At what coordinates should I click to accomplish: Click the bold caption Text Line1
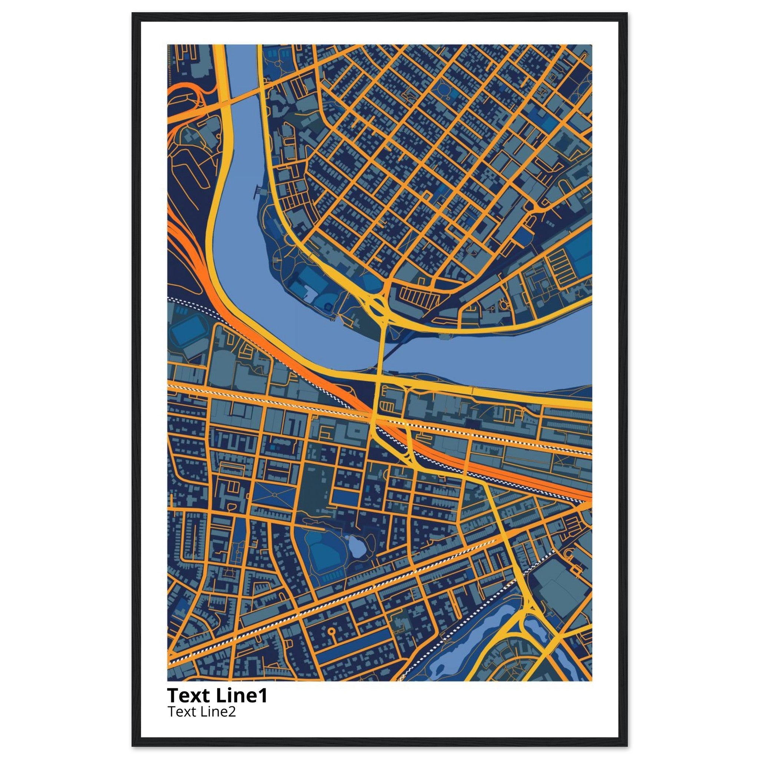[217, 695]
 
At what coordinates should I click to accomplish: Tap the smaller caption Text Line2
[202, 712]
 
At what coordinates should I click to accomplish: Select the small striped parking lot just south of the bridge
[387, 406]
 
